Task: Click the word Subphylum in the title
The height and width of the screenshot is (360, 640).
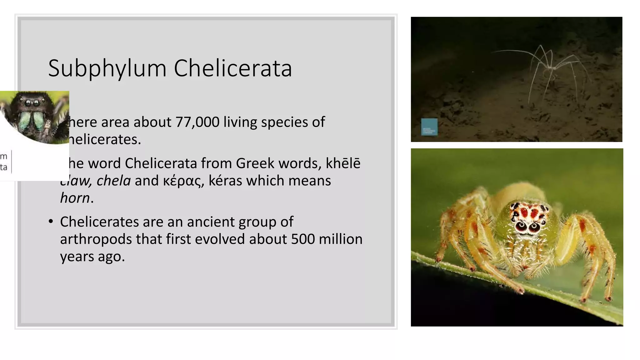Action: (x=107, y=69)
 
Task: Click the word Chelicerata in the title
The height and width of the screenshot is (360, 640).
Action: (x=233, y=68)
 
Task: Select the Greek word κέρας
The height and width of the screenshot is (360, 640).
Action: (x=183, y=181)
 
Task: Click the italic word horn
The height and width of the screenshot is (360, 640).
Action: (x=75, y=198)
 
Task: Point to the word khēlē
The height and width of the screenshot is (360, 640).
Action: (x=343, y=163)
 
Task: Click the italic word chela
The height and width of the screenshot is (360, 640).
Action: (x=113, y=181)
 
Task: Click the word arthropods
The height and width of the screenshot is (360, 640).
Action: (x=96, y=239)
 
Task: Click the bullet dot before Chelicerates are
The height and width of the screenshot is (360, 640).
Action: (x=51, y=222)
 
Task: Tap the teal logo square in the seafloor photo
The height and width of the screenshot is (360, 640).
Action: (x=429, y=127)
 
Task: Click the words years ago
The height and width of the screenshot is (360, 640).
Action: (x=92, y=257)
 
